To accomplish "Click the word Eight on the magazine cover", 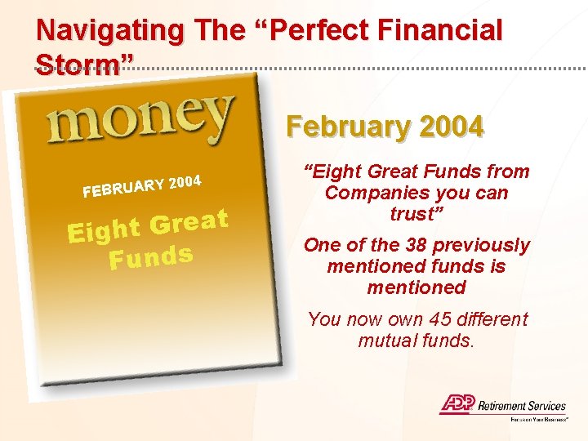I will [105, 229].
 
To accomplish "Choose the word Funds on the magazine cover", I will [152, 259].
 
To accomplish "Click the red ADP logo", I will [457, 404].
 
